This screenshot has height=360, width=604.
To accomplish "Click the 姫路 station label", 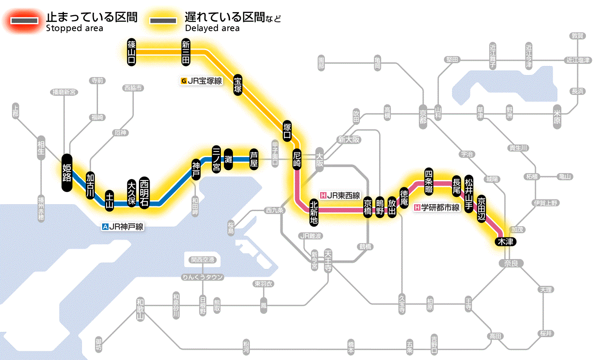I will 67,173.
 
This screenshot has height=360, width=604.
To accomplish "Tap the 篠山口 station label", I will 132,52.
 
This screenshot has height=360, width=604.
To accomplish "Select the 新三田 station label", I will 186,52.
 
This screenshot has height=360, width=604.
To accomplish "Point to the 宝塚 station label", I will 238,84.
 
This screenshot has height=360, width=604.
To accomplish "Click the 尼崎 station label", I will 297,160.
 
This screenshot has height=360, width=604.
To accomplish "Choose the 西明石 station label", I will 144,193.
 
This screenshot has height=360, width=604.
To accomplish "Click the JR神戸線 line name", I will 123,226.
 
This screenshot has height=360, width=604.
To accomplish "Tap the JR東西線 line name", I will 341,195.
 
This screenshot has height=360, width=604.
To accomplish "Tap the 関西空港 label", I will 203,260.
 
